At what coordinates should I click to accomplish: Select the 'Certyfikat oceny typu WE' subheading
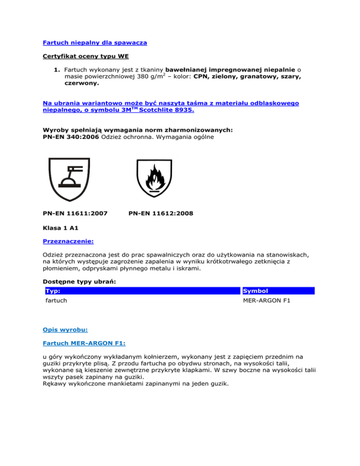[83, 57]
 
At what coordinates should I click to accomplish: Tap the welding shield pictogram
[68, 179]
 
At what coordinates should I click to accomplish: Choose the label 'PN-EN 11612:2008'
[160, 213]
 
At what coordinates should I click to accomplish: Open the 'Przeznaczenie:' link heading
[68, 242]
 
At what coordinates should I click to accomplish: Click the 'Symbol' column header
[255, 291]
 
